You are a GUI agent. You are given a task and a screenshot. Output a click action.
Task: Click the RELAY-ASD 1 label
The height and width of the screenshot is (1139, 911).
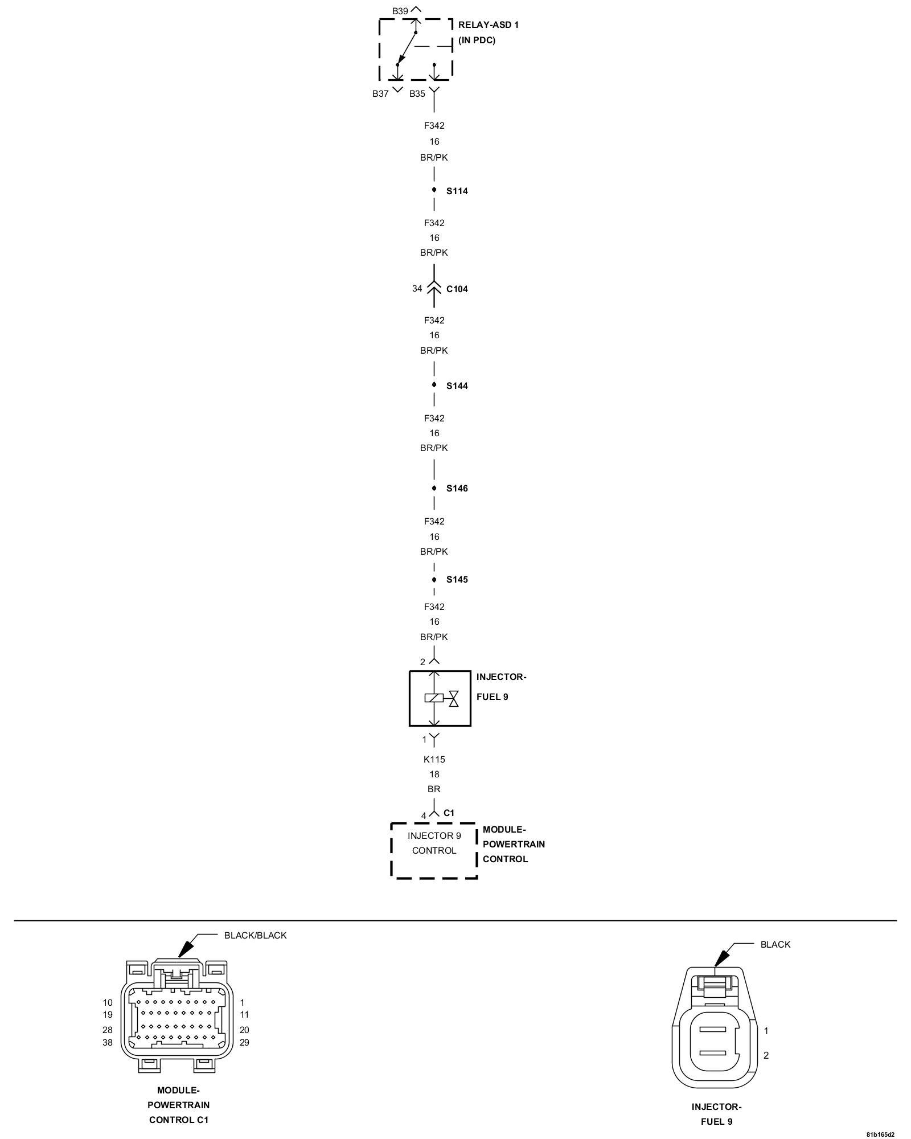pos(488,25)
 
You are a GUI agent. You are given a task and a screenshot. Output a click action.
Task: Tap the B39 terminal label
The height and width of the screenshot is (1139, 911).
pos(400,11)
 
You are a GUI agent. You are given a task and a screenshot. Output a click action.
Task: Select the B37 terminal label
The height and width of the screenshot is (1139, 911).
pos(380,94)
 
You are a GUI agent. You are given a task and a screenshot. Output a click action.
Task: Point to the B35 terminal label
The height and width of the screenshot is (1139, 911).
pos(417,94)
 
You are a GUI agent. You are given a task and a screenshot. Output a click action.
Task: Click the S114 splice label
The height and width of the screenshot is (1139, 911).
pos(457,191)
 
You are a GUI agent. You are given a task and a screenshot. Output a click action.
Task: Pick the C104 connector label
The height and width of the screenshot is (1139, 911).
pos(457,289)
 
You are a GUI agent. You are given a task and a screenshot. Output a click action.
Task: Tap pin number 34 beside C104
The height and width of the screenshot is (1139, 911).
pos(417,289)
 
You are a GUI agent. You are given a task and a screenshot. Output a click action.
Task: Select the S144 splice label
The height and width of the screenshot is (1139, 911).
pos(457,386)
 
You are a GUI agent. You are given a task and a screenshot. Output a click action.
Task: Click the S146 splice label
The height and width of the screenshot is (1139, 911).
pos(457,489)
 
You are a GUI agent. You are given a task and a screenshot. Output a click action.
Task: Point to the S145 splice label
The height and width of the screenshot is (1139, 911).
pos(457,580)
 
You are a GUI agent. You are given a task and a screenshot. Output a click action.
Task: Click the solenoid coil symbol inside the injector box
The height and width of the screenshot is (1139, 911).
pos(433,698)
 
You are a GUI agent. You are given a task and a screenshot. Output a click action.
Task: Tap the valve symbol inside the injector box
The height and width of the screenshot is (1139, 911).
pos(454,698)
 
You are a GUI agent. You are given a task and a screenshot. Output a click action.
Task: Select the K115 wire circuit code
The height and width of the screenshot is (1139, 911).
pos(434,759)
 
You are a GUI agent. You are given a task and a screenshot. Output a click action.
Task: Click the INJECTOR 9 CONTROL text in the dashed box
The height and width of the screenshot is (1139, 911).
pos(434,843)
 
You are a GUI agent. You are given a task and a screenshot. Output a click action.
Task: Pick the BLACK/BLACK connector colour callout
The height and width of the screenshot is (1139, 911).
pos(255,935)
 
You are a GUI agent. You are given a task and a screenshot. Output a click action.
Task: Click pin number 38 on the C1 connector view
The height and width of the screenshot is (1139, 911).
pos(108,1043)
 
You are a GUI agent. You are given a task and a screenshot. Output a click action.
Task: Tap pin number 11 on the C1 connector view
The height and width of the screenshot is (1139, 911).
pos(244,1014)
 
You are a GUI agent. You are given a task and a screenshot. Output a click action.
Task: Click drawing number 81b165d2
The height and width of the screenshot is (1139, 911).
pos(880,1134)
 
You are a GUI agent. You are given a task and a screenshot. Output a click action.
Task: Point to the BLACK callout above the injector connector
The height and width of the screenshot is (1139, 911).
pos(775,944)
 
